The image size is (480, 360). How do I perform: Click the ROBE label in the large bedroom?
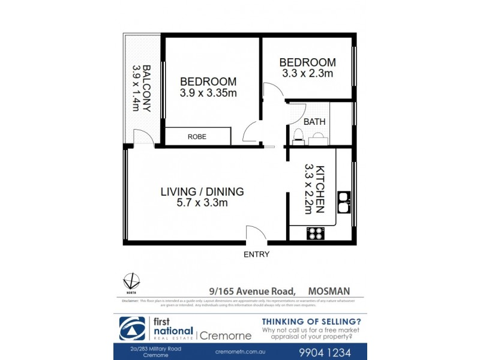[x=197, y=137]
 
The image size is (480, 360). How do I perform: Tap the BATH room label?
[x=314, y=122]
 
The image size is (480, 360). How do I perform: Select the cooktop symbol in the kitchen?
[x=316, y=233]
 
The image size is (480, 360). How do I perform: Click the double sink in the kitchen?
[x=344, y=202]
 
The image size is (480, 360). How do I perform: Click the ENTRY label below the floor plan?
[x=256, y=254]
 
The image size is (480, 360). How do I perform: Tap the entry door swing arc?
[x=253, y=233]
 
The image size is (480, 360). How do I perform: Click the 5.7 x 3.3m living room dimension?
[x=202, y=203]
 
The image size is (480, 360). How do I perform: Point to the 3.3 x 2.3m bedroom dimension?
[x=307, y=74]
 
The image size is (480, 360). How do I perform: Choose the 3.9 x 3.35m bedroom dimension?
[x=208, y=93]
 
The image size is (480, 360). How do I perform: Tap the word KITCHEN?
[x=321, y=189]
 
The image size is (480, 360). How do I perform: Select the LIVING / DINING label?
[x=202, y=192]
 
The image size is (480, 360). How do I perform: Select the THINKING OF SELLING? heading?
[x=311, y=322]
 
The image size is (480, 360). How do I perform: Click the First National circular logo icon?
[x=131, y=328]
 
